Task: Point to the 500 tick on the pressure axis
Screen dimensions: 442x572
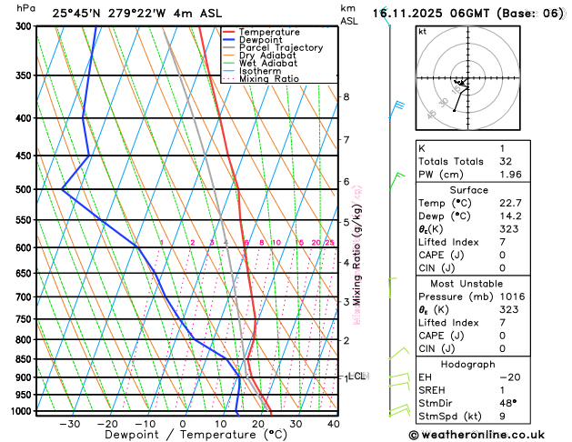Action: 24,189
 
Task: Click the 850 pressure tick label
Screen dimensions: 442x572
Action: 24,359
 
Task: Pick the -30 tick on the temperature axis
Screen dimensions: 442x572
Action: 68,424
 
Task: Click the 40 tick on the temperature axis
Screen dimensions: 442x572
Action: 334,424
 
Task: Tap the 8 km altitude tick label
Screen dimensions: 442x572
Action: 346,97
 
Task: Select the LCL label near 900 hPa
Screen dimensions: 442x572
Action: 357,375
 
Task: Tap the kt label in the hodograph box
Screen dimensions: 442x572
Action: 422,32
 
